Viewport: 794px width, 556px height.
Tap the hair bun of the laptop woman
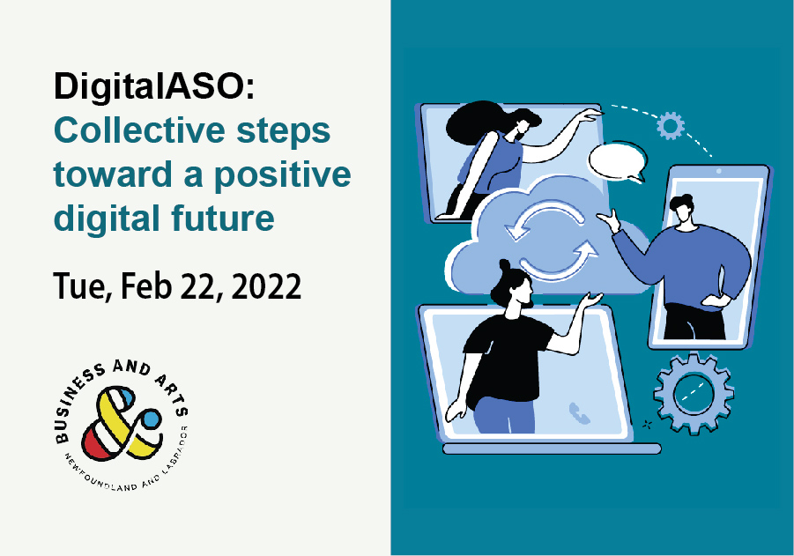coord(504,264)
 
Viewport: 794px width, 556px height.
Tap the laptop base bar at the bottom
coord(551,449)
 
